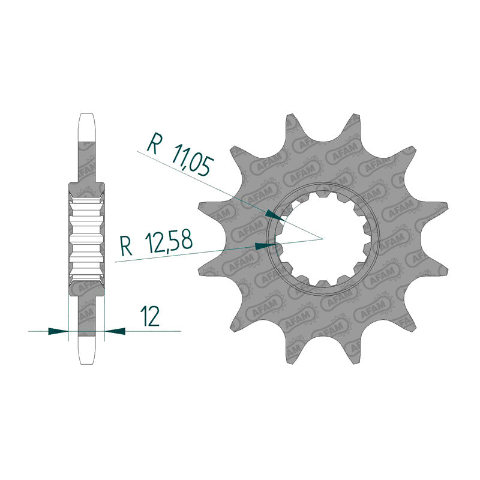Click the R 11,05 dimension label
pyautogui.click(x=179, y=155)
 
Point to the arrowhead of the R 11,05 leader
pyautogui.click(x=275, y=215)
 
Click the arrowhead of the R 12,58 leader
pyautogui.click(x=265, y=246)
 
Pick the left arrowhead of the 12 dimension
pyautogui.click(x=58, y=331)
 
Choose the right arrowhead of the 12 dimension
pyautogui.click(x=115, y=331)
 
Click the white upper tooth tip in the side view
pyautogui.click(x=87, y=127)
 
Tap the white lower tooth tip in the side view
pyautogui.click(x=87, y=350)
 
